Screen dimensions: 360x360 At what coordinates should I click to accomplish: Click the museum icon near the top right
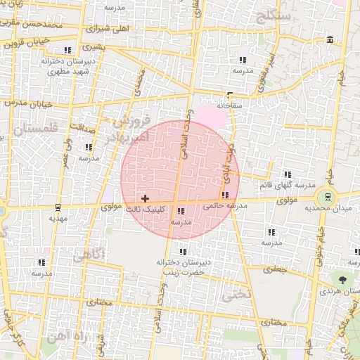click(330, 39)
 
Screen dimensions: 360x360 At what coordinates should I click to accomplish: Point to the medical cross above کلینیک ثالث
click(146, 199)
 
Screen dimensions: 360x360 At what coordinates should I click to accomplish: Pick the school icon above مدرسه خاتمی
click(225, 195)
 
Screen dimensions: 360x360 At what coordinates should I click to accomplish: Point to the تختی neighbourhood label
click(236, 295)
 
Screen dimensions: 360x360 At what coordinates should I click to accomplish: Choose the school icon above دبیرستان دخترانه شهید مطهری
click(67, 50)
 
